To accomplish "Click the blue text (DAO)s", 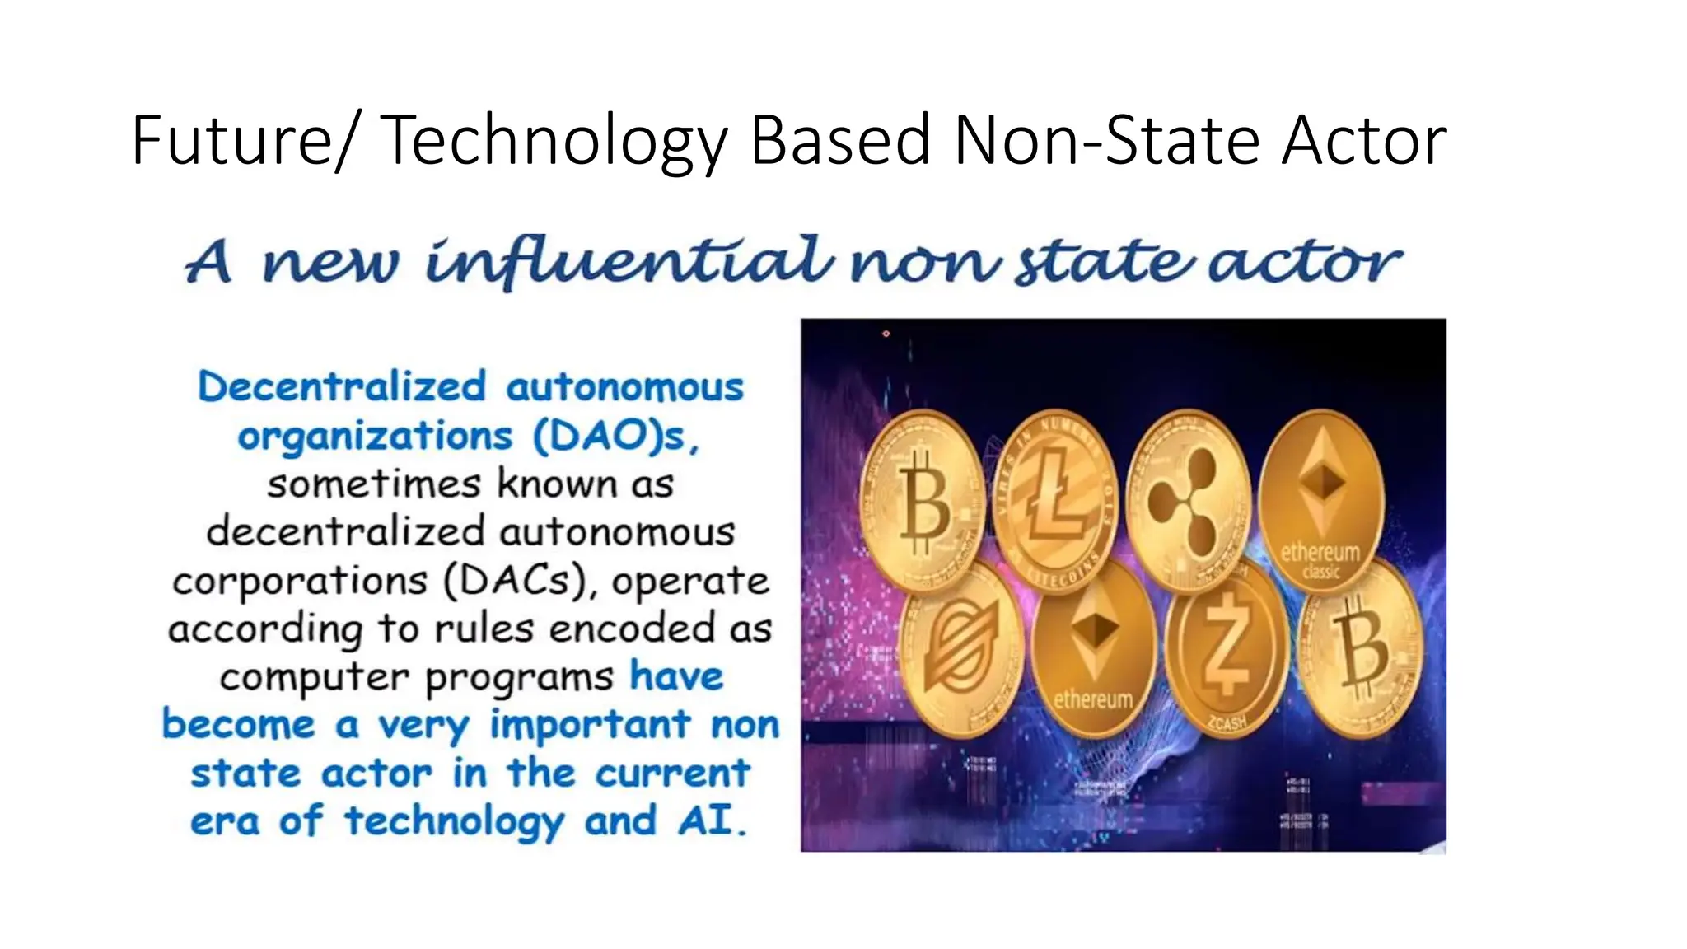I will [616, 436].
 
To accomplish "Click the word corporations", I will [300, 581].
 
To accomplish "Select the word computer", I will [314, 678].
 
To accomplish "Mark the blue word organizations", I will [375, 436].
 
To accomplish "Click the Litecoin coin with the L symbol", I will [1057, 498].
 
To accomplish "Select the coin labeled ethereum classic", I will [1320, 498].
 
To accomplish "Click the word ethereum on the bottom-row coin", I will [1093, 699].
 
